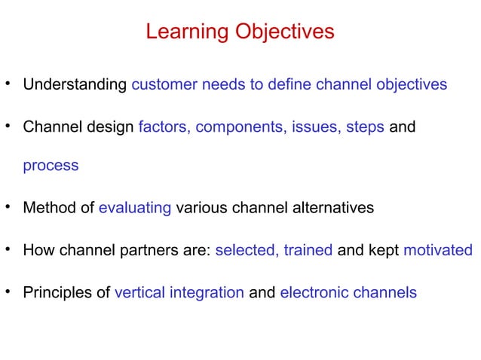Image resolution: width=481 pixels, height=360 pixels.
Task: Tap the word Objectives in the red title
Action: click(282, 32)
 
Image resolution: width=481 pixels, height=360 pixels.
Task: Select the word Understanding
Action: click(75, 84)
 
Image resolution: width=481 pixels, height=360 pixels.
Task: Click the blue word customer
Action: click(164, 84)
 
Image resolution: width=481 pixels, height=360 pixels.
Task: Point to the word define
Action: click(289, 84)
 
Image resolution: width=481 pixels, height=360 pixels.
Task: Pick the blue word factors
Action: click(164, 127)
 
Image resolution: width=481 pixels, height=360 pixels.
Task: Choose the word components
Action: click(240, 127)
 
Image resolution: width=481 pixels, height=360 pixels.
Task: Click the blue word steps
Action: click(366, 127)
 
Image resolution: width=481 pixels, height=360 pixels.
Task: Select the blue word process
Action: click(51, 166)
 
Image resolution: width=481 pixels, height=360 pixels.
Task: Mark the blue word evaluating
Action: click(135, 208)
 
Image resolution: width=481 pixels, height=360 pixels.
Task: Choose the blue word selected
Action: click(246, 250)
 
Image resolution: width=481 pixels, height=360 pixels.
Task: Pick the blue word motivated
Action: click(438, 250)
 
